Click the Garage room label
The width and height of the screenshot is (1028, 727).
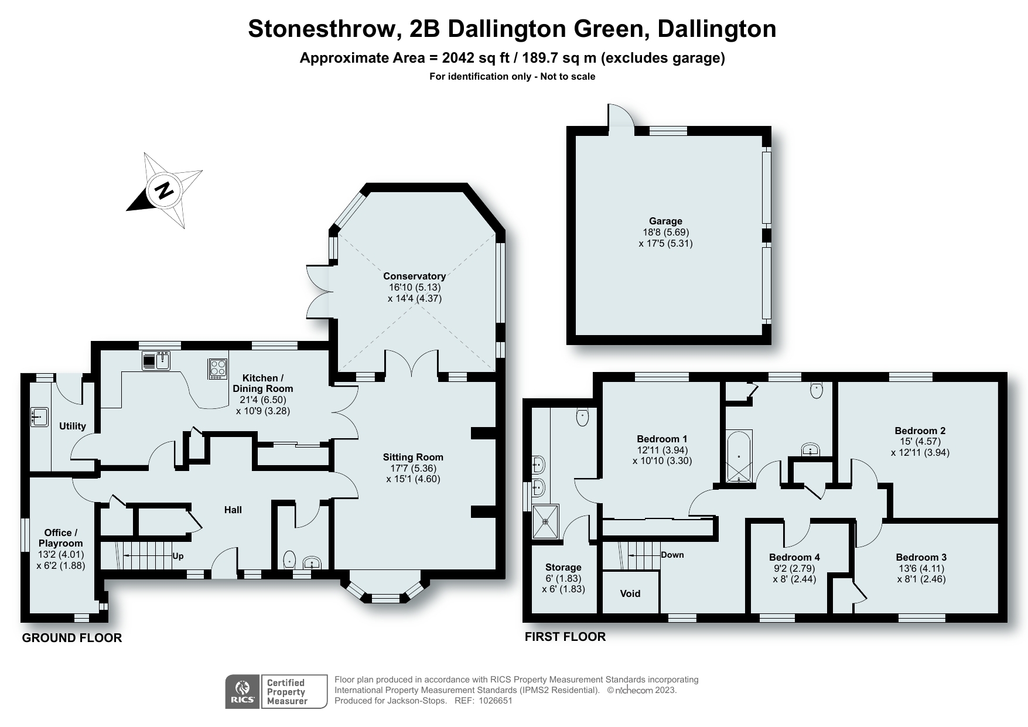665,221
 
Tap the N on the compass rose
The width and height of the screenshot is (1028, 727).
165,190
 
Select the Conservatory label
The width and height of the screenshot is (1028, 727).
414,276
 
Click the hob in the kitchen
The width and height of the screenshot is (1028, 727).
218,368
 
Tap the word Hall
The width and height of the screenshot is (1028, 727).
233,510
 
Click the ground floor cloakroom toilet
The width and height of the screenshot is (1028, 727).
289,561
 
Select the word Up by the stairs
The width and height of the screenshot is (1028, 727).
178,556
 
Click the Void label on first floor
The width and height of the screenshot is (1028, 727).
630,593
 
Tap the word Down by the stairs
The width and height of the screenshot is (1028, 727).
672,554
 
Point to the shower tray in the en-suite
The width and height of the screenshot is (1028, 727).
546,521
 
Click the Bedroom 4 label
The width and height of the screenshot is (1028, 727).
794,557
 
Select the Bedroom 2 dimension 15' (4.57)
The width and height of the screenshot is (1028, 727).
920,441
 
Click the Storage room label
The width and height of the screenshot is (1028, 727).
563,567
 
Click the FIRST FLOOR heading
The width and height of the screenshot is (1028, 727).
565,636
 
